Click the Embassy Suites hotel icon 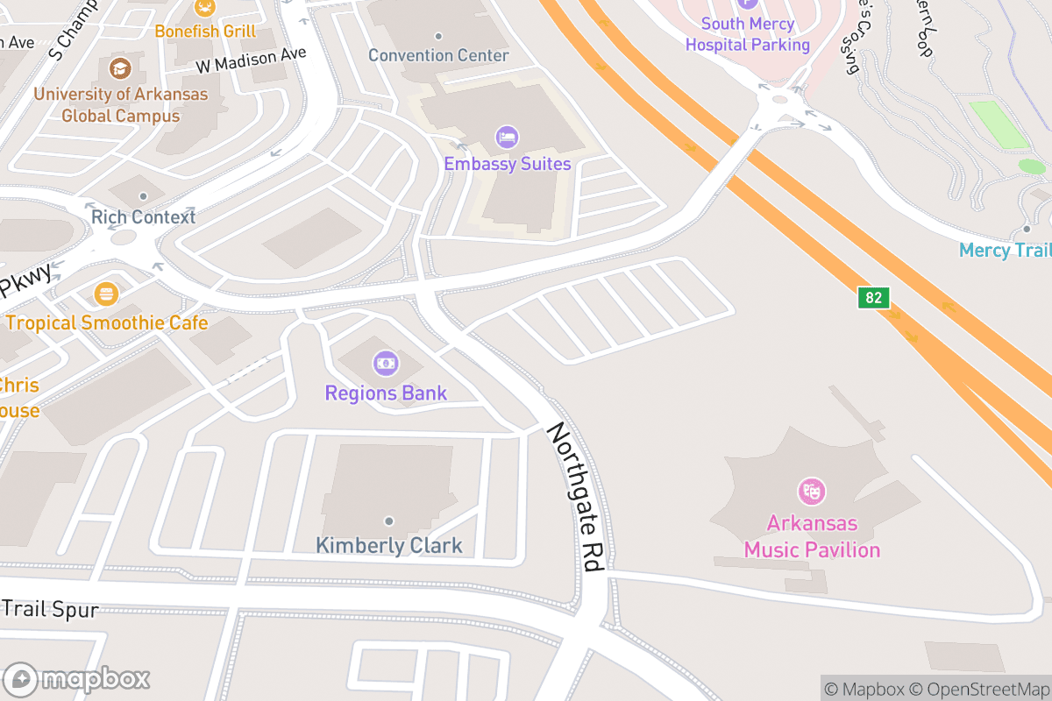(507, 137)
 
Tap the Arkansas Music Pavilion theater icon (812, 491)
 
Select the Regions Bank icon (386, 362)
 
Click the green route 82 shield (873, 298)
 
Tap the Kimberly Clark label (388, 546)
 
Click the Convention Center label (438, 55)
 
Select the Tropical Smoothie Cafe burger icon (107, 293)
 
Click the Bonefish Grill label (205, 32)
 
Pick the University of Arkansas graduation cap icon (120, 67)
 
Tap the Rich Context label (143, 216)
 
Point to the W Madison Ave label (251, 59)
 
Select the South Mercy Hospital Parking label (748, 34)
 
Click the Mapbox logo (79, 679)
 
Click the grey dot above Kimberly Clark (388, 521)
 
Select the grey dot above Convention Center (438, 36)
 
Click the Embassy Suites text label (507, 164)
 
